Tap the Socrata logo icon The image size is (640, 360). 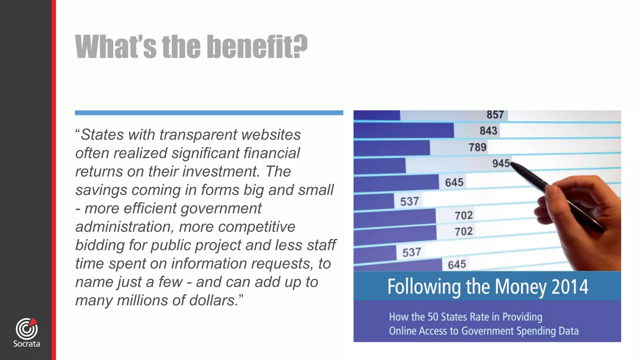pyautogui.click(x=27, y=329)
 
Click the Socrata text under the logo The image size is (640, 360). pyautogui.click(x=27, y=344)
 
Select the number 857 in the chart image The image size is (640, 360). pyautogui.click(x=495, y=115)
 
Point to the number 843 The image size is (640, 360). pyautogui.click(x=488, y=131)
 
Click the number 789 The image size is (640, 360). pyautogui.click(x=477, y=147)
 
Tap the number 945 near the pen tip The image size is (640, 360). pyautogui.click(x=501, y=163)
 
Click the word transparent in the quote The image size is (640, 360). pyautogui.click(x=198, y=135)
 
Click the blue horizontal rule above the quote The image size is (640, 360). pyautogui.click(x=209, y=113)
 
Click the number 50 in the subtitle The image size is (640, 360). pyautogui.click(x=433, y=317)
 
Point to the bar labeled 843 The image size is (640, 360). pyautogui.click(x=403, y=131)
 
